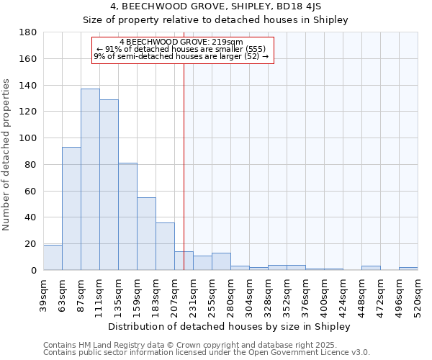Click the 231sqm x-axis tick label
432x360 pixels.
pos(194,294)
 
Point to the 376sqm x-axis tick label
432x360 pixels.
pos(306,294)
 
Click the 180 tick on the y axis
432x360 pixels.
pos(30,32)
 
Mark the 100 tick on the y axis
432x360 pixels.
pos(30,138)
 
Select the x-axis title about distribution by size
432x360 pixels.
pos(229,326)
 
